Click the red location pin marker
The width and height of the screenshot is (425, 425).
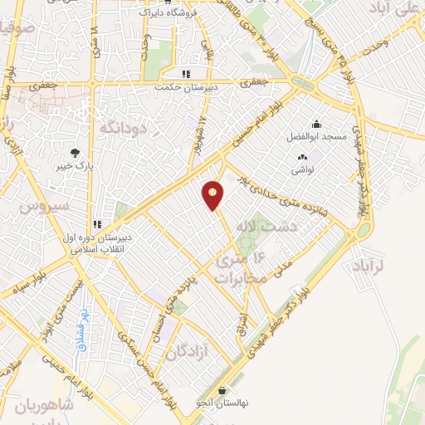(x=213, y=196)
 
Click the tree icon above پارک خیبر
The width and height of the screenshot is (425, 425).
(x=76, y=153)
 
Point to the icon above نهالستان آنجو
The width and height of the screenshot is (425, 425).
(x=222, y=390)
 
